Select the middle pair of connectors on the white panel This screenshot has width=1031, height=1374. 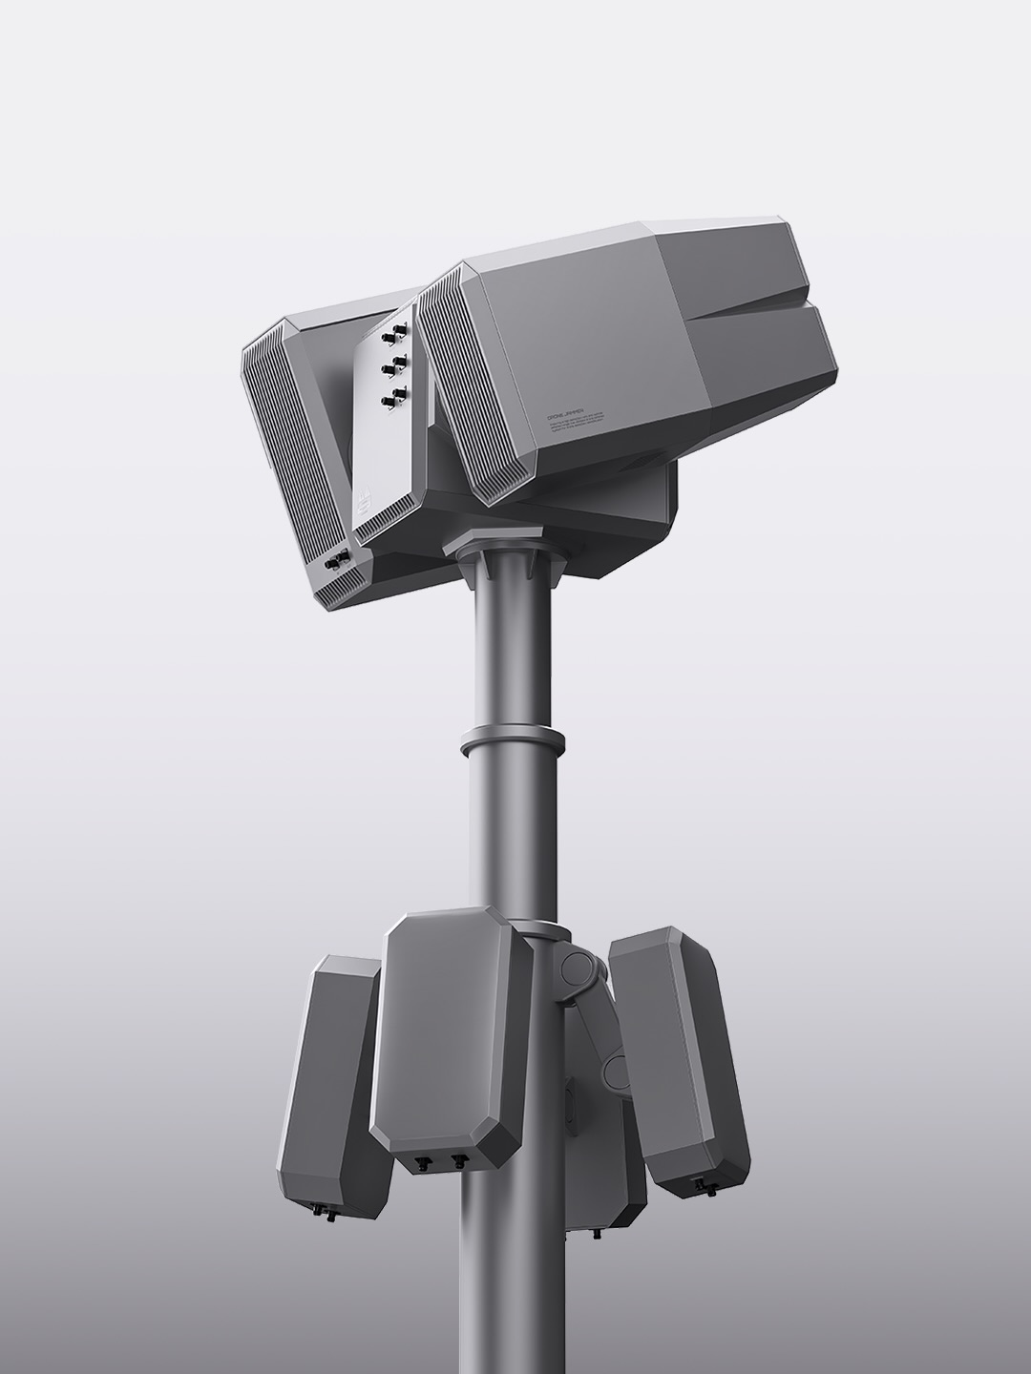point(392,364)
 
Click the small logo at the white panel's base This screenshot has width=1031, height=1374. point(364,503)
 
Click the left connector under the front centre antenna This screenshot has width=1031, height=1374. point(421,1162)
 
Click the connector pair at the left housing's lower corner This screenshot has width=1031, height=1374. point(337,561)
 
